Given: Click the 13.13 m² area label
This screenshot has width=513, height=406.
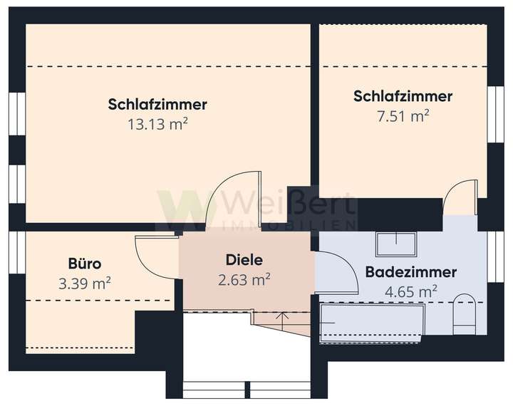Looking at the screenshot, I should pos(157,125).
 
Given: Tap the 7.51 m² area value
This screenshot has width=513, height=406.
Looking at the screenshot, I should pos(403,115).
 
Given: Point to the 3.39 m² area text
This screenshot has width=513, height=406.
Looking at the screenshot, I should pos(85,283).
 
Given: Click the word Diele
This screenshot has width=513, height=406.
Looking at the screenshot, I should pos(244,260).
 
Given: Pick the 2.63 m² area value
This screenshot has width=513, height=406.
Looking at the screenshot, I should pos(244,279).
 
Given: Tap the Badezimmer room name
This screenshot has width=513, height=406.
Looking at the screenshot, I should pos(410,272).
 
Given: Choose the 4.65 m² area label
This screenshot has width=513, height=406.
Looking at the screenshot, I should pos(410,291).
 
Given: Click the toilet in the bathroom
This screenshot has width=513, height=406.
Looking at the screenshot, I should pos(463,311).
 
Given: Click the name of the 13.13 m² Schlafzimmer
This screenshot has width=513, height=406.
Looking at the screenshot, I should pos(157,105).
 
